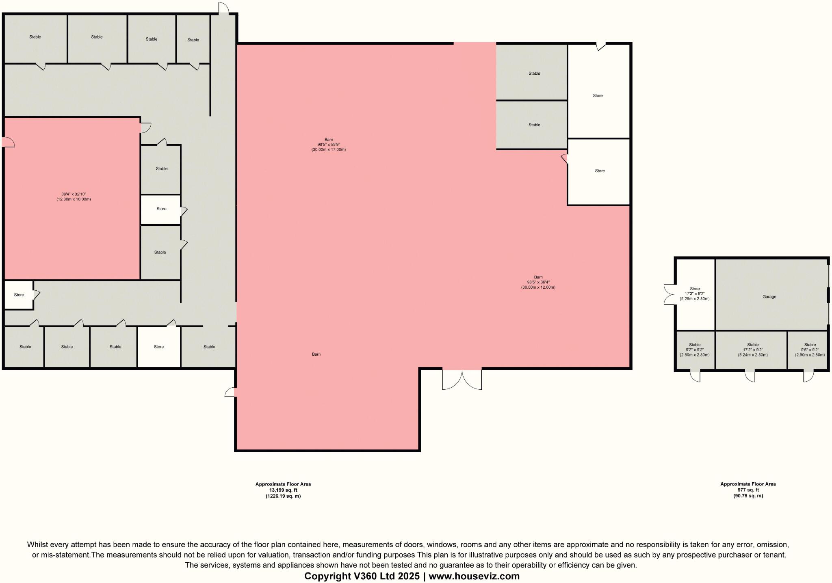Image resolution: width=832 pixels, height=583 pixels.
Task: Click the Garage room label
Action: point(769,297)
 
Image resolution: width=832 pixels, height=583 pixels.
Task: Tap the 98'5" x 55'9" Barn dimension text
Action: point(328,145)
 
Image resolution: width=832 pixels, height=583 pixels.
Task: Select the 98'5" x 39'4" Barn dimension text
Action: point(538,282)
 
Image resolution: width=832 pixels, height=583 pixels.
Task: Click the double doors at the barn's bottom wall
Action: point(462,379)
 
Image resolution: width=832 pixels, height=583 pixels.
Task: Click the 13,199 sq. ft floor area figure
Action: point(283,490)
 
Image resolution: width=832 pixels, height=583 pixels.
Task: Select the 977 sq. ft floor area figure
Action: point(748,490)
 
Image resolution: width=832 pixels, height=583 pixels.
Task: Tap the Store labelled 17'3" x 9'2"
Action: point(695,294)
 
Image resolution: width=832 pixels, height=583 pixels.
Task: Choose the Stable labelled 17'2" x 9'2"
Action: point(752,350)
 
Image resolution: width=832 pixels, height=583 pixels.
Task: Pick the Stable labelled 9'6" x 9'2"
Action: point(810,350)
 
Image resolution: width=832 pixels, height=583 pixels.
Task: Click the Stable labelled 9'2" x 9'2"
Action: point(695,350)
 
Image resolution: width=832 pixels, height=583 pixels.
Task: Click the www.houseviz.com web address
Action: point(474,576)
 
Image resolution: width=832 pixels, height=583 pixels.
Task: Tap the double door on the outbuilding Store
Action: point(669,294)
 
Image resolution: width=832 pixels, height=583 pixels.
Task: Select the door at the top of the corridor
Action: point(223,9)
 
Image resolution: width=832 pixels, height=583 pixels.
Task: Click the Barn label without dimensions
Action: point(316,354)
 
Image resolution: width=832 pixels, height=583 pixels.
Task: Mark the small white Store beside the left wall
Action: point(19,295)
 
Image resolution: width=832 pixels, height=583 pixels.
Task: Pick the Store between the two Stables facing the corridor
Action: point(161,209)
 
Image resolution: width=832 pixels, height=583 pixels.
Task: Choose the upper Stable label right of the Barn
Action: point(534,73)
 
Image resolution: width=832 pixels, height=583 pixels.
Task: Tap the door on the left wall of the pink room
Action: point(8,142)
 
